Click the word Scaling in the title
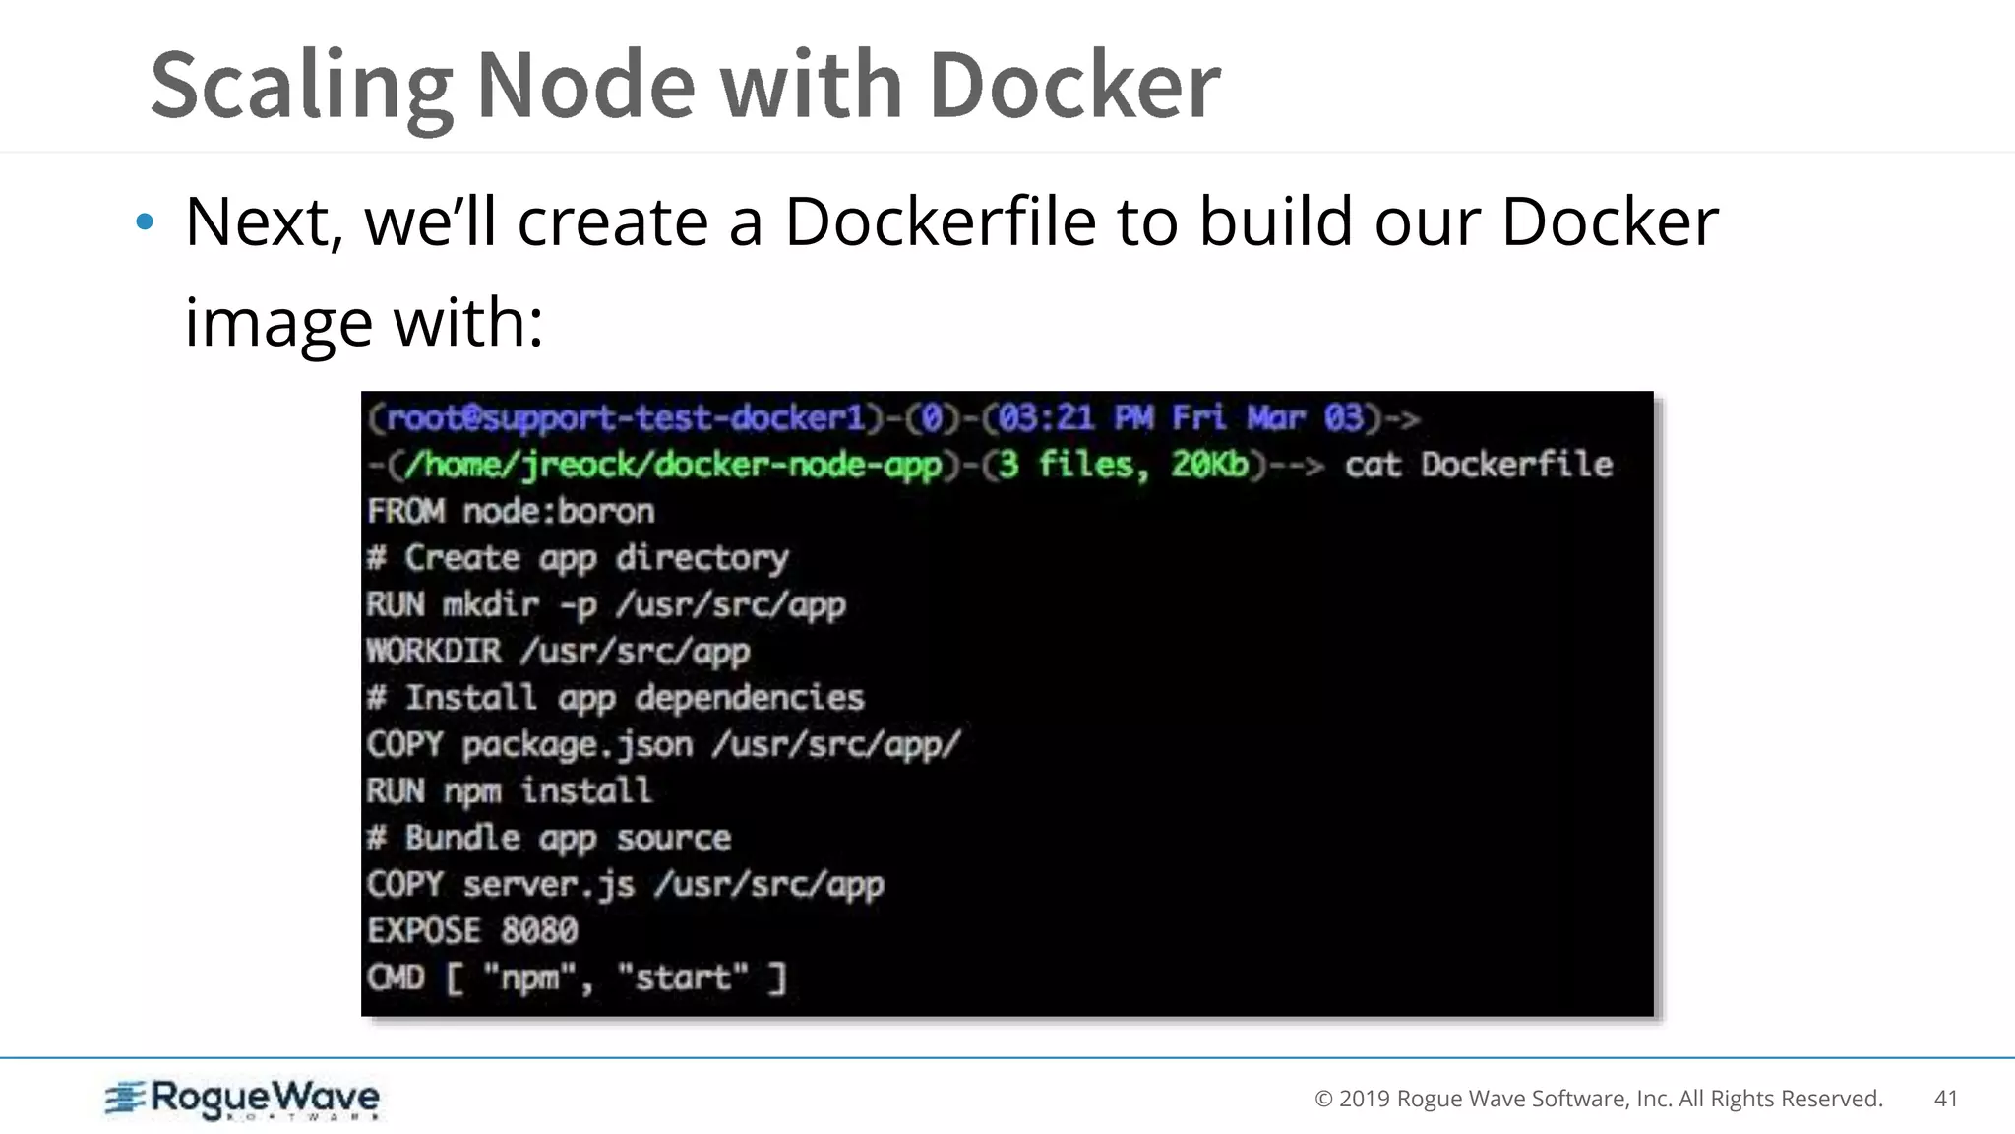[300, 87]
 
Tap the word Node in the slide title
[585, 85]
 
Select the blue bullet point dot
[145, 222]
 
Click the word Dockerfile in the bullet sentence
[940, 221]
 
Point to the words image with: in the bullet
[364, 322]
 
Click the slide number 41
[1945, 1099]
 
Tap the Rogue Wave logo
[242, 1099]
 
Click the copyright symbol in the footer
[1323, 1099]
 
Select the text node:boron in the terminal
[558, 511]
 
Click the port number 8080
[539, 930]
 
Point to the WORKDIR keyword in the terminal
[434, 651]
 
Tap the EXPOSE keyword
[424, 930]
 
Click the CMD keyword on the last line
[396, 977]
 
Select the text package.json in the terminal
[578, 744]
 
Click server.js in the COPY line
[548, 884]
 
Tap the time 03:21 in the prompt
[1046, 418]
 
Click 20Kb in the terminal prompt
[1209, 464]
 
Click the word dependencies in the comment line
[750, 698]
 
